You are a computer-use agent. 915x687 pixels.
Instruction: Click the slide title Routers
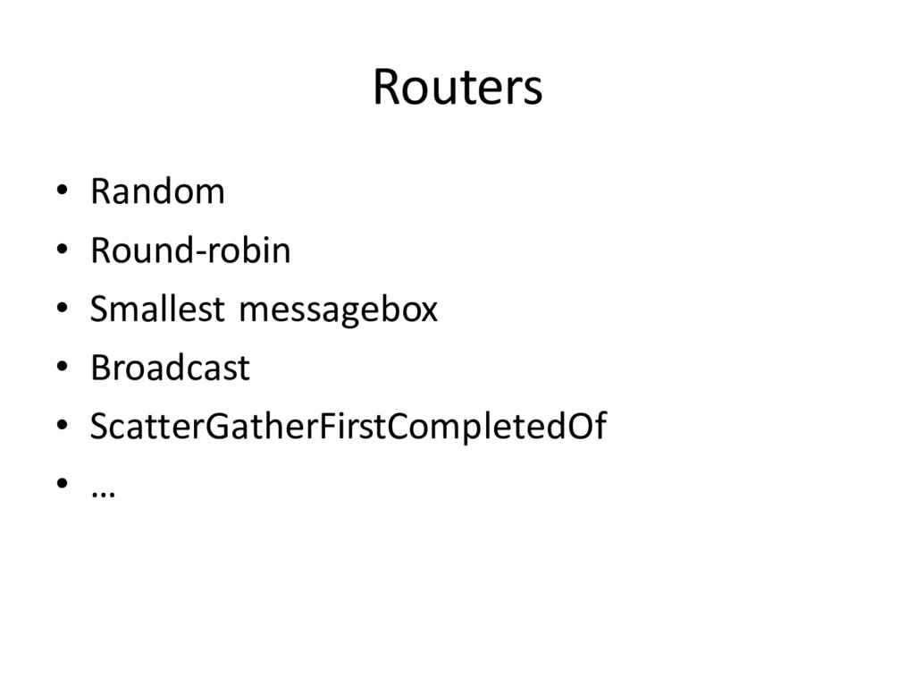(457, 88)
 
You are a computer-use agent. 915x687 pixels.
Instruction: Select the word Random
(157, 191)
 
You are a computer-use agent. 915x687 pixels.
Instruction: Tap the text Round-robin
(190, 250)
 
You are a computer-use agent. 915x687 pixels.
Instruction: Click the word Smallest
(156, 310)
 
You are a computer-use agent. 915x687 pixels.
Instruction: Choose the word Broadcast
(170, 368)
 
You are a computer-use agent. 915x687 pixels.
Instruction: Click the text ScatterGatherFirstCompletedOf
(348, 428)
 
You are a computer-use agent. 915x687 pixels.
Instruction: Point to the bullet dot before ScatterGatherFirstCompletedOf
(63, 428)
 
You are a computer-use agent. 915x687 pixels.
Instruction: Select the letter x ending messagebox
(430, 312)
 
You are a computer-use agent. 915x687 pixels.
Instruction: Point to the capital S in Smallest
(98, 310)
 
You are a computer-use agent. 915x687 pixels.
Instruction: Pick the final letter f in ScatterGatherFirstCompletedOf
(600, 427)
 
